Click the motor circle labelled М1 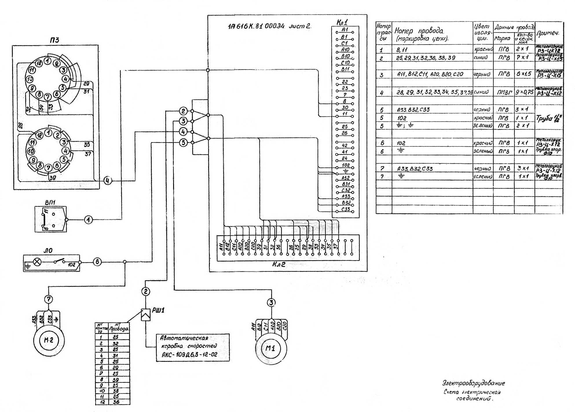click(271, 348)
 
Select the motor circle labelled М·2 click(49, 340)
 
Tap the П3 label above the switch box click(54, 40)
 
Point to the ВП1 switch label click(50, 202)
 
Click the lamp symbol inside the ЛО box click(37, 262)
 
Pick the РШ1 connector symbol click(146, 315)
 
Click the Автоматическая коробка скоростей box click(193, 347)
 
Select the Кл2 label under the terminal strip click(279, 264)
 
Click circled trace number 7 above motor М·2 click(48, 299)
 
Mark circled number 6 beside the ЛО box click(97, 262)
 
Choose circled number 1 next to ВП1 click(88, 220)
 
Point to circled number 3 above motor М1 click(271, 303)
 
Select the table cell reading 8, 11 click(402, 50)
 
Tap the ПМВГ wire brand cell click(504, 93)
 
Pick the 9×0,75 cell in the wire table click(524, 92)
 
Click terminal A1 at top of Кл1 click(345, 30)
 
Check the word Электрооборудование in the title click(473, 383)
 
